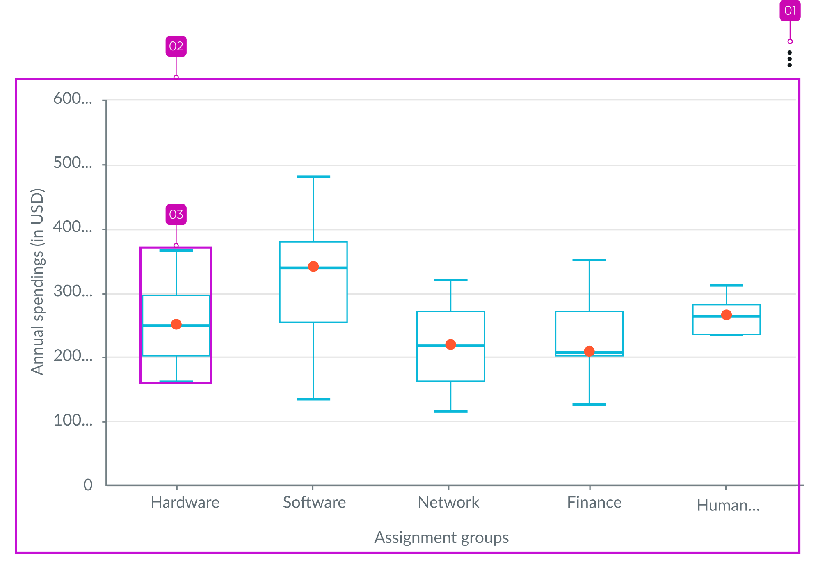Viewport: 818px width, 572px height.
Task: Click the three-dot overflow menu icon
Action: (x=789, y=59)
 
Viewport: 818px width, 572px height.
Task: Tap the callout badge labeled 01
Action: (x=790, y=10)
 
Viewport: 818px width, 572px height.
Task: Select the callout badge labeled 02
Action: (x=176, y=46)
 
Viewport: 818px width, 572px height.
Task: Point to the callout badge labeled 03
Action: (x=176, y=215)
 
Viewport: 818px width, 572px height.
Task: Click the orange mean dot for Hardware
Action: (x=176, y=325)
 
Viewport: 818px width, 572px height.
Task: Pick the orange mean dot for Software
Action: (x=313, y=267)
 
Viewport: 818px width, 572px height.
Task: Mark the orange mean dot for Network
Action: (x=450, y=345)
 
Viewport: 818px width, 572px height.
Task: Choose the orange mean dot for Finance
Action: (x=589, y=351)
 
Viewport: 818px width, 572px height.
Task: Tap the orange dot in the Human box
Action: (x=727, y=315)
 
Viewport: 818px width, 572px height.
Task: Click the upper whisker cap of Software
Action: (x=313, y=177)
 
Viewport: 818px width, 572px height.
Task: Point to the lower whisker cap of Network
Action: (x=450, y=411)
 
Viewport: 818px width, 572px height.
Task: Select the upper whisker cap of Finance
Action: (x=589, y=260)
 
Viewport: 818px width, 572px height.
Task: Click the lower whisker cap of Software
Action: (x=313, y=399)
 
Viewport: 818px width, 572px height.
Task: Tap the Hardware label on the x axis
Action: (x=185, y=503)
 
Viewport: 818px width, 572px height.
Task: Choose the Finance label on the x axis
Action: (x=594, y=503)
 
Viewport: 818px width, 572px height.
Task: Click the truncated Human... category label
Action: (x=728, y=506)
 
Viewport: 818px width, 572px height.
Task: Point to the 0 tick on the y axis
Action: (x=88, y=485)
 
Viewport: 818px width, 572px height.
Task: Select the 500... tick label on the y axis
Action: (x=73, y=163)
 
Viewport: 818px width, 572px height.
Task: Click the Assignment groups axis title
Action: (x=441, y=538)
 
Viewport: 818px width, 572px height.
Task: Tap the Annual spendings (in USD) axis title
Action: (x=37, y=281)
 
